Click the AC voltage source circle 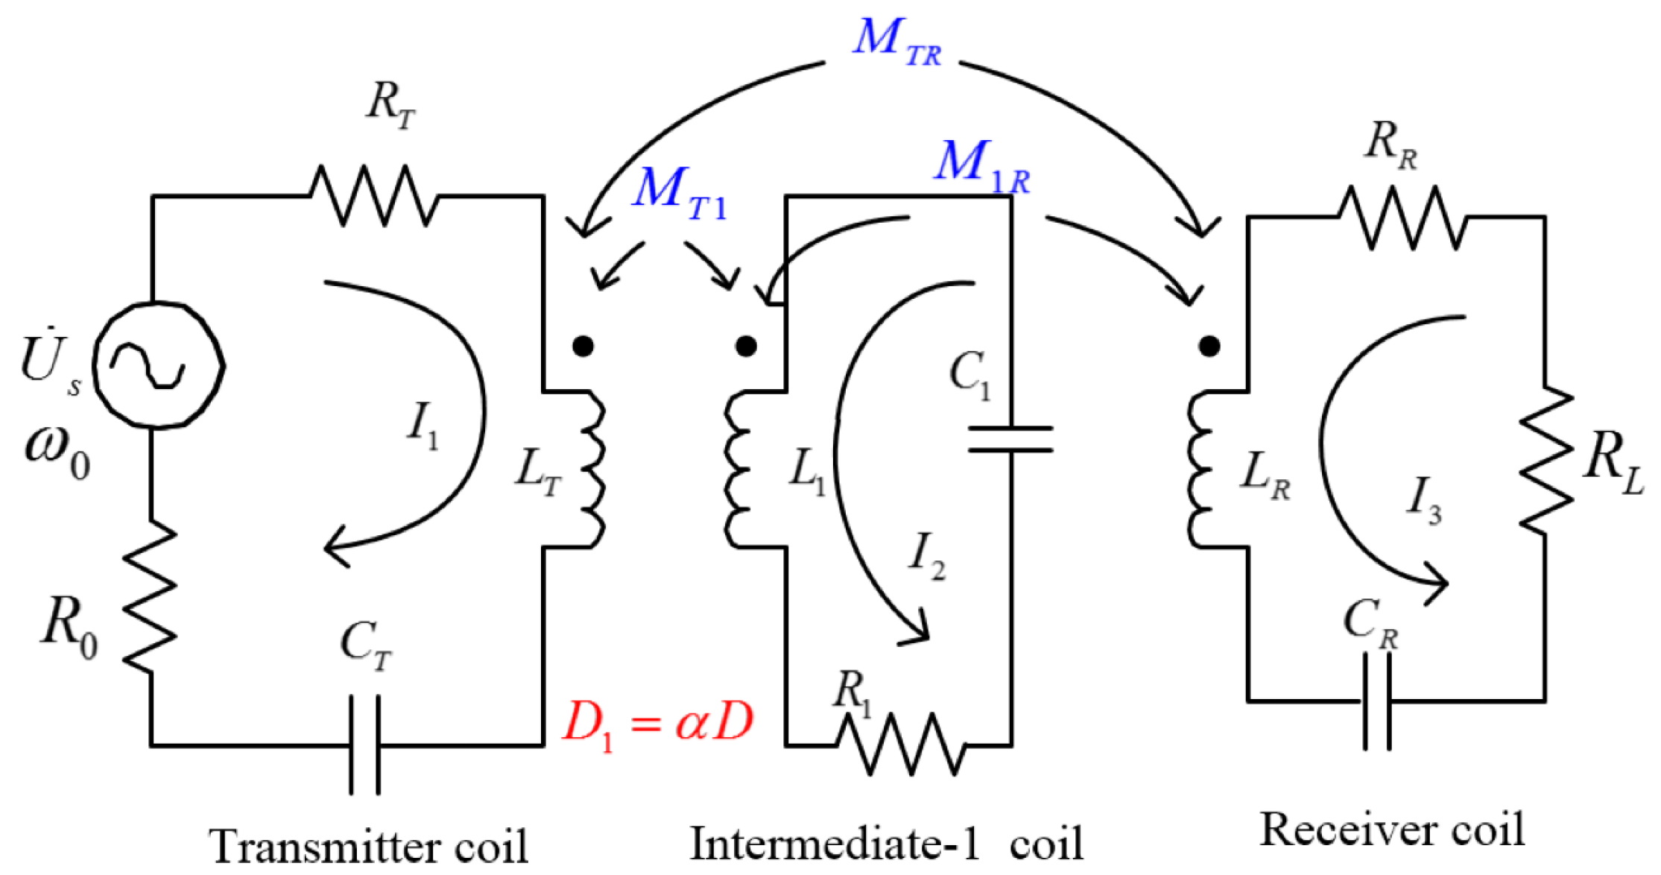[158, 365]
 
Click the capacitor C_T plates [365, 745]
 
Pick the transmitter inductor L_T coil [592, 470]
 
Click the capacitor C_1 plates [1010, 440]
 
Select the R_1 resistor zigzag [902, 745]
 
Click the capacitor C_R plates [1377, 701]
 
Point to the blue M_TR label [897, 42]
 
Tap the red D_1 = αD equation [657, 723]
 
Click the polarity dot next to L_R [1209, 346]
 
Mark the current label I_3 [1423, 499]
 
